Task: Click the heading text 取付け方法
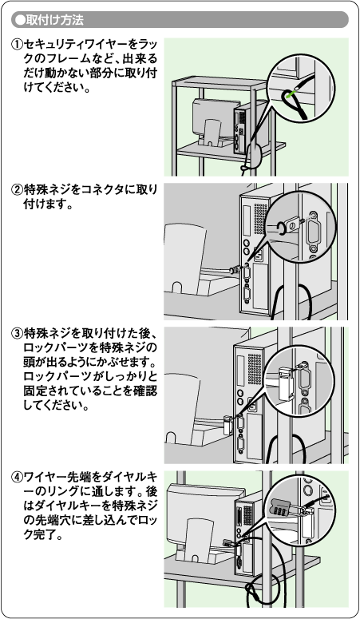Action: click(x=55, y=20)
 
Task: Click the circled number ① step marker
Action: click(x=18, y=45)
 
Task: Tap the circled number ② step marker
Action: click(x=18, y=190)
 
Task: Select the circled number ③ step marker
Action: click(x=18, y=334)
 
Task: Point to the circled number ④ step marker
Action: click(x=18, y=478)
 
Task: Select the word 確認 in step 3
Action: click(x=145, y=391)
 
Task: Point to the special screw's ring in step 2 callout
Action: click(x=282, y=228)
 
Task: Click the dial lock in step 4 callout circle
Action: click(x=282, y=507)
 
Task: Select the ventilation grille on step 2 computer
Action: click(x=260, y=219)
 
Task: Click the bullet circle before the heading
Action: click(x=19, y=20)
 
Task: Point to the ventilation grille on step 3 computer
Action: click(x=255, y=369)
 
